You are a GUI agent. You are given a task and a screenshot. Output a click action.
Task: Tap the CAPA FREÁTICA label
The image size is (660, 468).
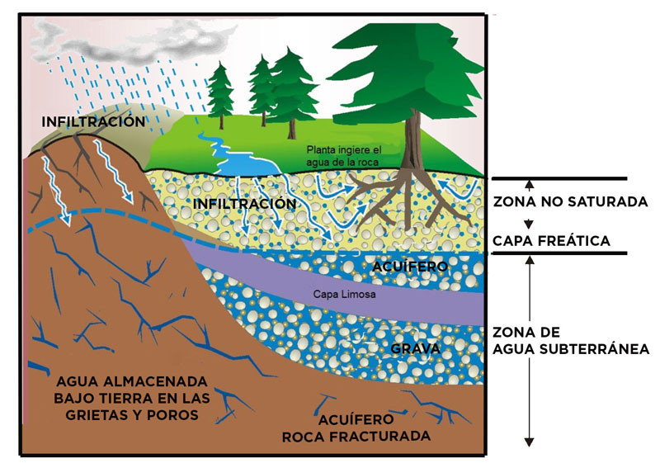pos(550,241)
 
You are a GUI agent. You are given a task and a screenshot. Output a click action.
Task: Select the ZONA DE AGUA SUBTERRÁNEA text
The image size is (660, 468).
pos(569,341)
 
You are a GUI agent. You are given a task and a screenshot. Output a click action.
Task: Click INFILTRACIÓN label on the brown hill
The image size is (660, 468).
pos(94,121)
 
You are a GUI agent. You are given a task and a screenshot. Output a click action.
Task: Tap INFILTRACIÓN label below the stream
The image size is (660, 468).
pos(244,202)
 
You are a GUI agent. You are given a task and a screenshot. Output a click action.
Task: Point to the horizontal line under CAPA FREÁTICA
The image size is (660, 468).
pos(559,253)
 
